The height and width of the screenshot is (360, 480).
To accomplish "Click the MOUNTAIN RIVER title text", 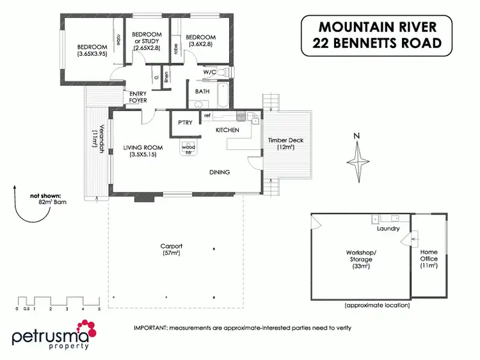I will click(x=378, y=28).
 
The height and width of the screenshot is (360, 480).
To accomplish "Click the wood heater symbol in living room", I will click(x=189, y=147).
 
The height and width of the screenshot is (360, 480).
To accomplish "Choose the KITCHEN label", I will click(x=227, y=130).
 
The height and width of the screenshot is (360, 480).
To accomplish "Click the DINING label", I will click(x=220, y=172).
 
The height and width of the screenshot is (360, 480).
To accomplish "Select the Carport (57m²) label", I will click(x=171, y=250).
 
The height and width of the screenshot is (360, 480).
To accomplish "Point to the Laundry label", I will click(x=388, y=228).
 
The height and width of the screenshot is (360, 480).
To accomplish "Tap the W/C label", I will click(x=210, y=72).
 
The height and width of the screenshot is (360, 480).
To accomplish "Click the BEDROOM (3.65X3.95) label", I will click(x=92, y=50).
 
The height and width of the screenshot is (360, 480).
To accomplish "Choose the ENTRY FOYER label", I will click(x=138, y=97).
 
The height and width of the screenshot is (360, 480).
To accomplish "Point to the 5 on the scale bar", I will click(x=99, y=309).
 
